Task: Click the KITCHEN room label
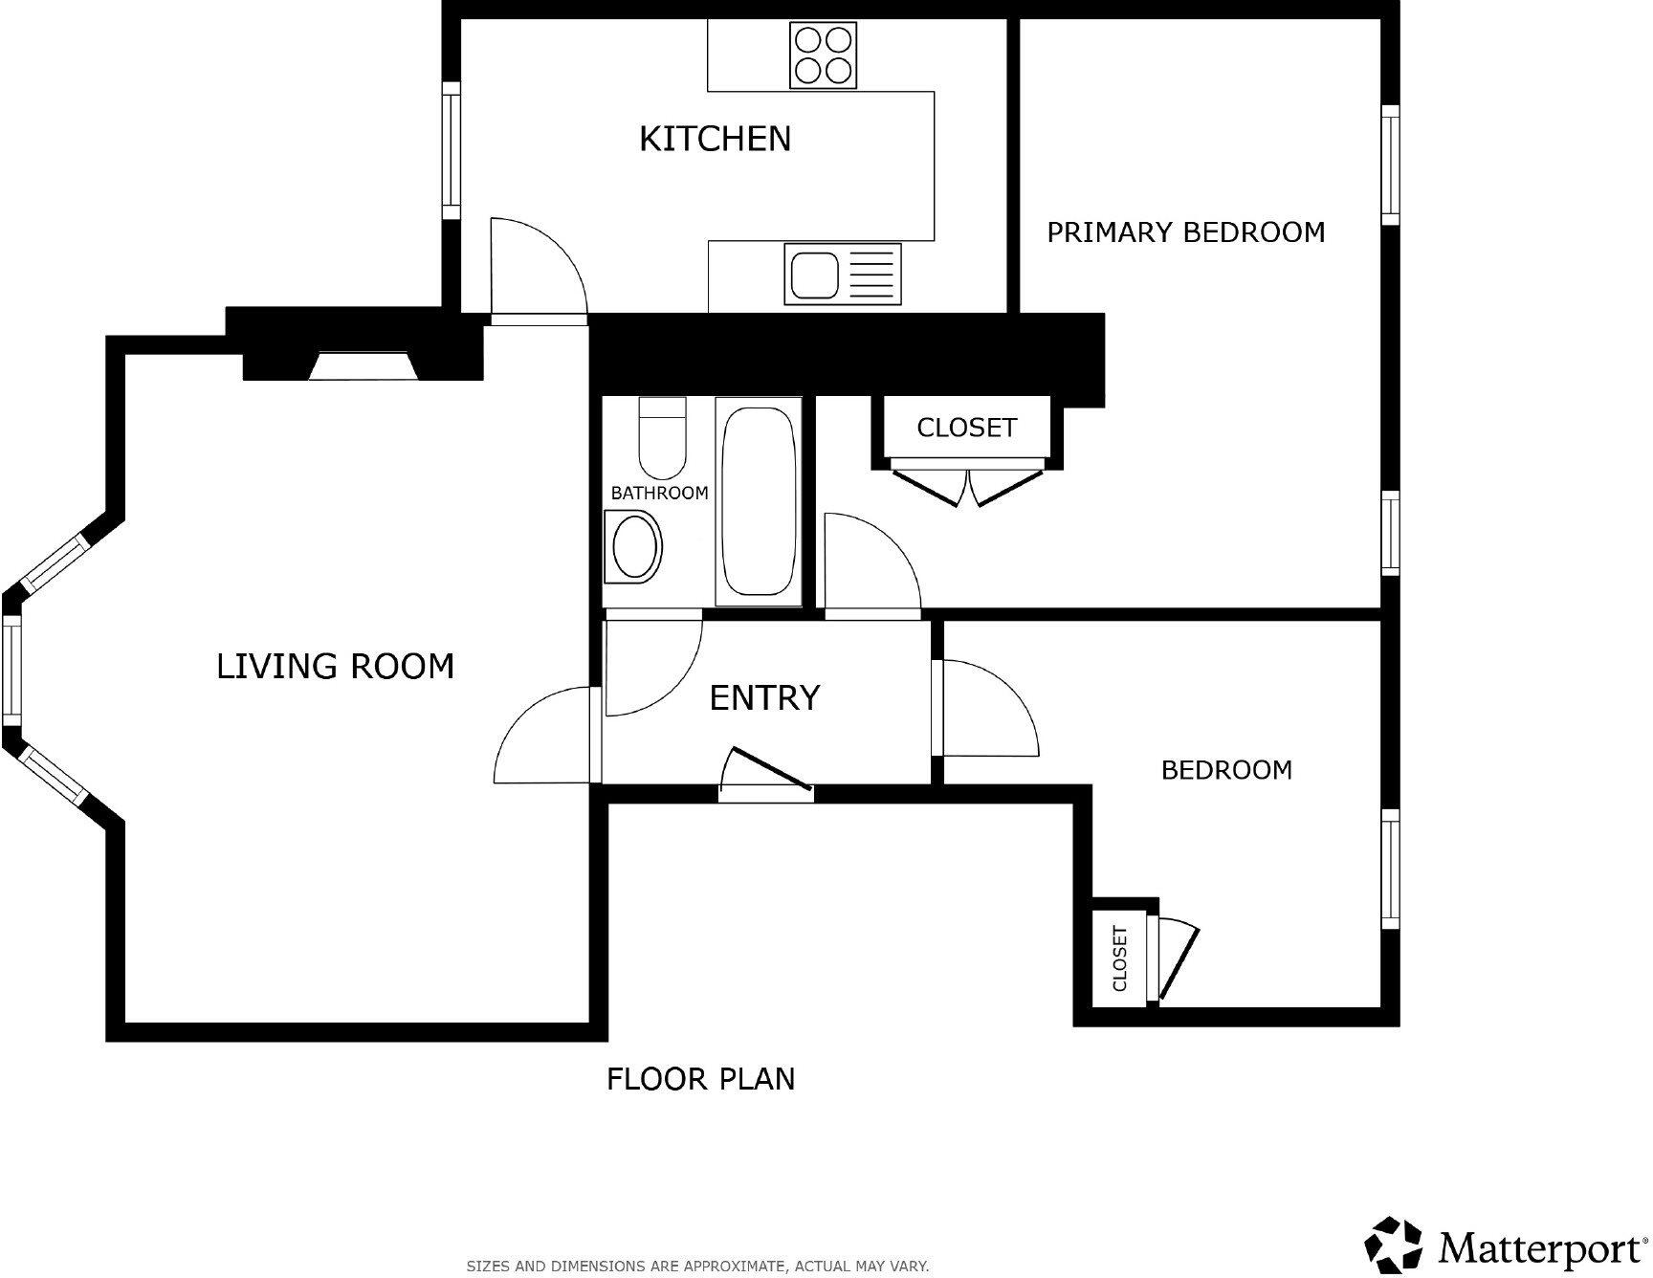point(715,139)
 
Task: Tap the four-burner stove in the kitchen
point(823,55)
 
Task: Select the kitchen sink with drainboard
point(842,274)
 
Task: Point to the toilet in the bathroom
point(662,438)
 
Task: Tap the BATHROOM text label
point(659,493)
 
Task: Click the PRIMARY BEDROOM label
point(1185,232)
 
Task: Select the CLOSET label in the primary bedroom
point(966,428)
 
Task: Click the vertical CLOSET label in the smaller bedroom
point(1120,958)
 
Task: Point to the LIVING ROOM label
point(335,666)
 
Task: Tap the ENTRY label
point(764,697)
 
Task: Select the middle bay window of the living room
point(11,669)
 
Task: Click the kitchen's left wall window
point(451,150)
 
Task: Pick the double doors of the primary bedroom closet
point(966,485)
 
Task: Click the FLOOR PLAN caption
point(700,1079)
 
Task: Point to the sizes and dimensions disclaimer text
point(696,1266)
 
